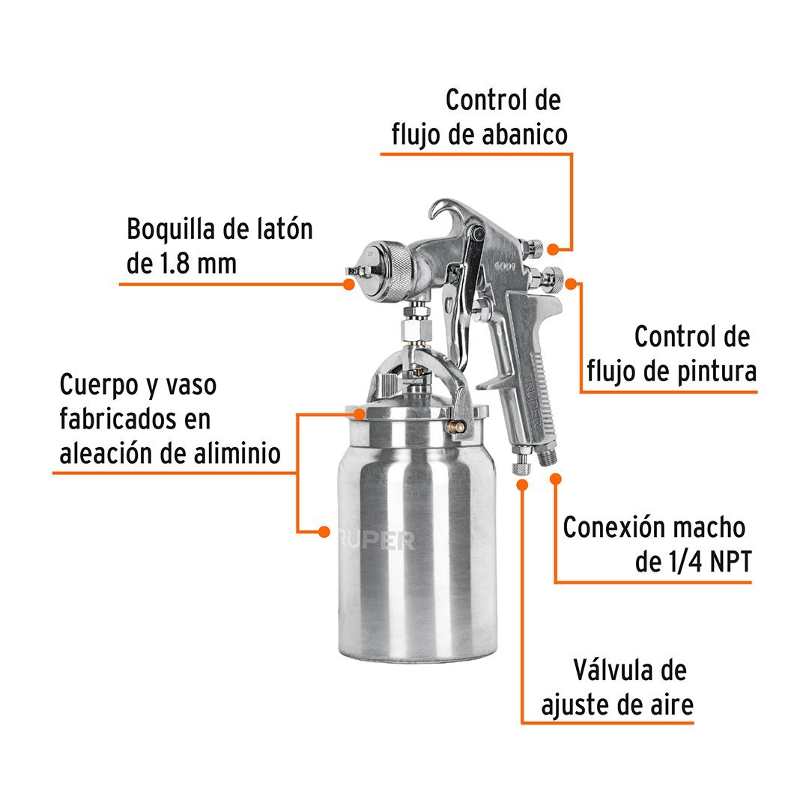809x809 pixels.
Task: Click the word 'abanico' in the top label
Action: [x=524, y=134]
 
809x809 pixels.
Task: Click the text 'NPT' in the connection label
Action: [x=730, y=561]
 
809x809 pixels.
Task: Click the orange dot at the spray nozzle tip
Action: [x=349, y=284]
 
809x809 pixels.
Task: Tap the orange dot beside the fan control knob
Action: [x=553, y=249]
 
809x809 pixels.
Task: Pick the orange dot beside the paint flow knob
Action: [x=571, y=284]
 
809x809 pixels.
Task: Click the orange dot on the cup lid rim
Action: [x=359, y=413]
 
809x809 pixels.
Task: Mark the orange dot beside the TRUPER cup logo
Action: [x=324, y=531]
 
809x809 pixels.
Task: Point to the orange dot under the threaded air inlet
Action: [x=555, y=479]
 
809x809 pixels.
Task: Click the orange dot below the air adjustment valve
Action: [x=522, y=485]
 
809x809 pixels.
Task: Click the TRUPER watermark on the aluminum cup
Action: [x=375, y=540]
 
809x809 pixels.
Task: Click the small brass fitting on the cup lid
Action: [x=456, y=426]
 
